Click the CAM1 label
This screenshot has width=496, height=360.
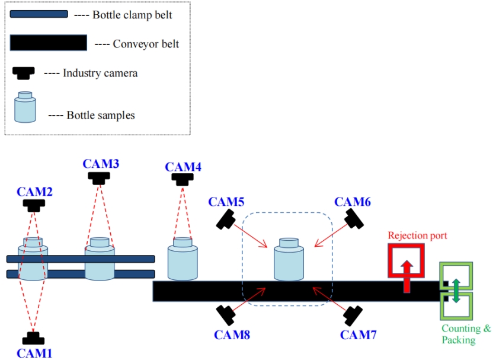(x=34, y=353)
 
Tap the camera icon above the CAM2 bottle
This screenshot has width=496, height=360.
(x=34, y=205)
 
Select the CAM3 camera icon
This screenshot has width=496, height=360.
(x=99, y=177)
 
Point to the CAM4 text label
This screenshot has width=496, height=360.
(x=183, y=167)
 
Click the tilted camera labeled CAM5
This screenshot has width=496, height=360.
(x=225, y=219)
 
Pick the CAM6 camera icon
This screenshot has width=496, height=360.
(x=354, y=218)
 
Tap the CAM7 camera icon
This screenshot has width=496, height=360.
(x=354, y=314)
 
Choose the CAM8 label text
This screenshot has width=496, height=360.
(x=232, y=335)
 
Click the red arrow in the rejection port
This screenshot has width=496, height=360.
(x=407, y=273)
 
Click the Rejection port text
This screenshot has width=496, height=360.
(x=417, y=235)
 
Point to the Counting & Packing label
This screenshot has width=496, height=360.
(x=466, y=334)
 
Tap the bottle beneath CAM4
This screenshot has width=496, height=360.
(x=183, y=259)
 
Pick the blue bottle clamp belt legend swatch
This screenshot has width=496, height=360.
(x=39, y=14)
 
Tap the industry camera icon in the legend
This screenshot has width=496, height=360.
(x=24, y=73)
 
